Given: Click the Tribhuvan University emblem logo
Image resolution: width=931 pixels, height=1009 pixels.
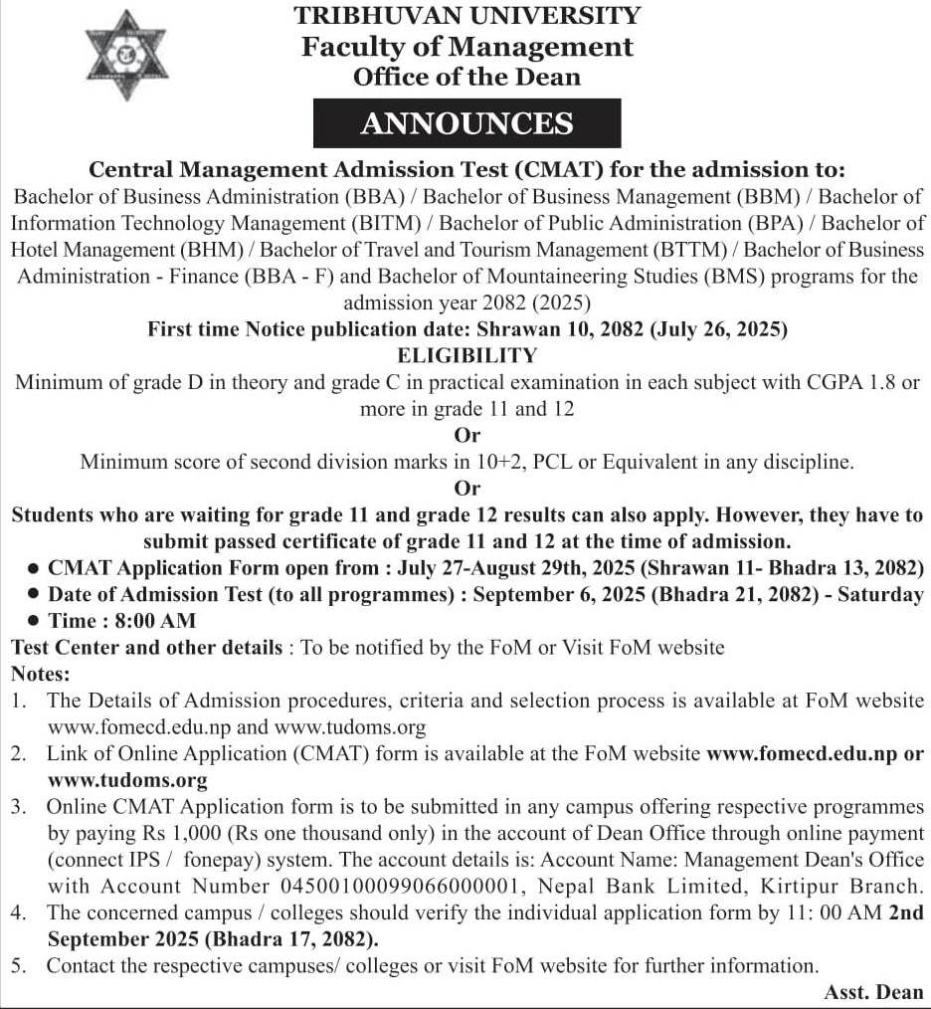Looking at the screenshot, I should [126, 55].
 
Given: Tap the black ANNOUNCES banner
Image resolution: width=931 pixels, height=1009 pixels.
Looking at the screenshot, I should [466, 123].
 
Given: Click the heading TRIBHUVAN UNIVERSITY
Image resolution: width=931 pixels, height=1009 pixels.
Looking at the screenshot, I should [466, 15].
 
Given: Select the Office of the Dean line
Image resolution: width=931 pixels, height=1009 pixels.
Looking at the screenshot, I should [466, 77].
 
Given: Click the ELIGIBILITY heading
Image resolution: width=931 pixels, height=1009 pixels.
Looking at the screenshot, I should [466, 355].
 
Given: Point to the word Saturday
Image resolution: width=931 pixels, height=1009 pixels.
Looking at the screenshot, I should [883, 595].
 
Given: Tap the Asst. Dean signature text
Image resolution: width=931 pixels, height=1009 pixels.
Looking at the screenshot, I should [873, 992].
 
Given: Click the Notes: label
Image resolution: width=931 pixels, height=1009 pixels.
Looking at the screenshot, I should [38, 674].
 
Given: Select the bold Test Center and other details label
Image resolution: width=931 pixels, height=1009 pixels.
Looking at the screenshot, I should [146, 648].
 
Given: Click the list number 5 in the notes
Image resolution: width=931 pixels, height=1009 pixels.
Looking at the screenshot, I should [17, 965].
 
